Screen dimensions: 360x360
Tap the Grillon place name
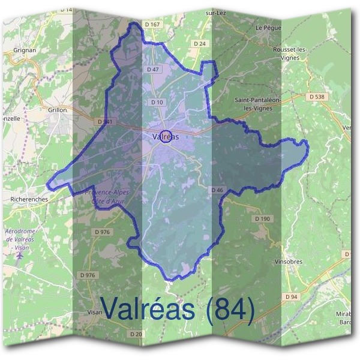tap(58, 110)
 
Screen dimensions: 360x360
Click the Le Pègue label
tap(268, 28)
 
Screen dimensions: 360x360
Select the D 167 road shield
tap(153, 24)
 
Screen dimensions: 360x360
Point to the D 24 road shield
tap(200, 44)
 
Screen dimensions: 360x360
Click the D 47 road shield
tap(153, 70)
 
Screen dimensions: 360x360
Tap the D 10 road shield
tap(157, 102)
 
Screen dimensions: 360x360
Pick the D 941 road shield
tap(104, 121)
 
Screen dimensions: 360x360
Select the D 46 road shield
tap(217, 190)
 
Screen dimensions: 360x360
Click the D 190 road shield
tap(262, 218)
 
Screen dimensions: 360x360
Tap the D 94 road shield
tap(292, 297)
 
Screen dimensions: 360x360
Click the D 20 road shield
tap(136, 334)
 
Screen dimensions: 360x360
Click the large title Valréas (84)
tap(178, 309)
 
